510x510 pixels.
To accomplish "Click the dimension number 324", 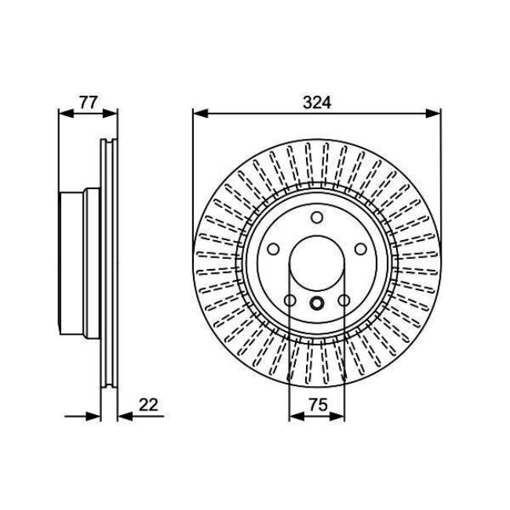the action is pyautogui.click(x=317, y=103).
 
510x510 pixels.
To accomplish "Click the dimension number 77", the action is pyautogui.click(x=88, y=103).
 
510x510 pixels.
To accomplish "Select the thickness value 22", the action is pyautogui.click(x=148, y=405).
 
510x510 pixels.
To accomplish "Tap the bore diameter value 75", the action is pyautogui.click(x=318, y=405).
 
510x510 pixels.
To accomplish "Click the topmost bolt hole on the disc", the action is pyautogui.click(x=317, y=217).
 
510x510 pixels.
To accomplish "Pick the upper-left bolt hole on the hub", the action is pyautogui.click(x=273, y=250).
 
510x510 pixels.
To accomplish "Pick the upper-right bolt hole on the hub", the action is pyautogui.click(x=360, y=250).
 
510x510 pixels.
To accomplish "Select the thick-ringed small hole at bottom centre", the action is pyautogui.click(x=317, y=303).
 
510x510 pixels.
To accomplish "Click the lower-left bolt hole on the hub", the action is pyautogui.click(x=290, y=301).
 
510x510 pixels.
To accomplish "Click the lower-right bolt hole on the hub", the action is pyautogui.click(x=344, y=301).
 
